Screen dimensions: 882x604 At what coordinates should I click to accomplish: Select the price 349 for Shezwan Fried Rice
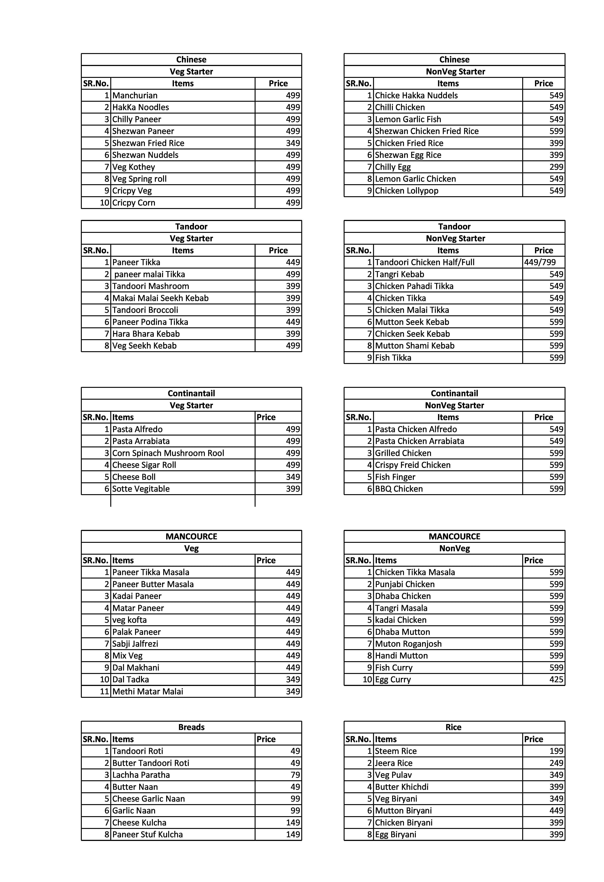click(x=293, y=143)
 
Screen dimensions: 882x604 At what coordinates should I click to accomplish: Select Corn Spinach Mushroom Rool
click(x=168, y=453)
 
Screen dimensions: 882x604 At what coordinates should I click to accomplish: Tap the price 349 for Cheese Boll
click(x=293, y=477)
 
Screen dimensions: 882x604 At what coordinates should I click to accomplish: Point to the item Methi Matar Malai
click(x=148, y=692)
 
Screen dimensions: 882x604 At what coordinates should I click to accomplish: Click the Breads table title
click(x=191, y=727)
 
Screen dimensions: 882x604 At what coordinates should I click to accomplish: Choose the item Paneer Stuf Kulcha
click(x=147, y=834)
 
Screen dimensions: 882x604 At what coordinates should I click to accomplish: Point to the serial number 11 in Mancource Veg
click(x=104, y=692)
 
